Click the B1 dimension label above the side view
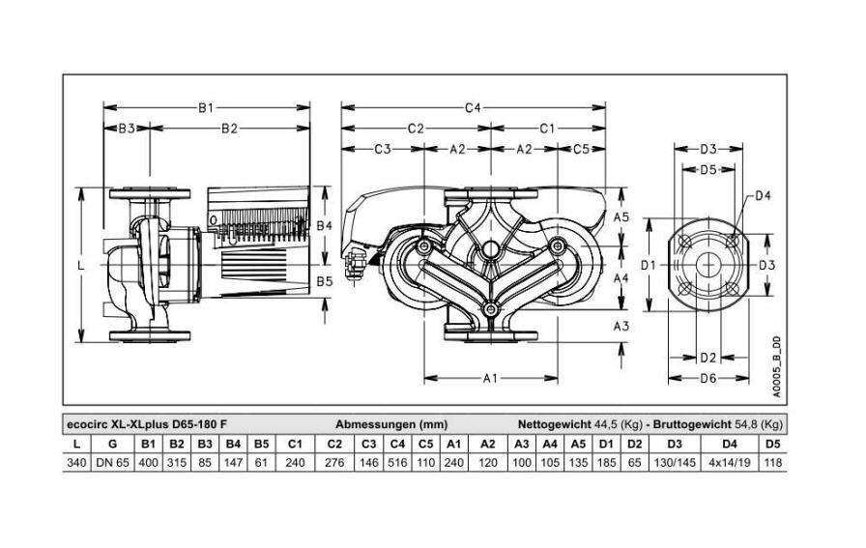(x=206, y=107)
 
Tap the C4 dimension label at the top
(x=473, y=107)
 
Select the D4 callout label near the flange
(x=763, y=195)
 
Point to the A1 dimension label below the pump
(x=490, y=379)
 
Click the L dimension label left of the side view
(x=81, y=266)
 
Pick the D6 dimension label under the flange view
(x=708, y=379)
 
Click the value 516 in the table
(x=397, y=462)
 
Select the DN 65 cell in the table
(x=113, y=462)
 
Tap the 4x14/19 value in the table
(x=729, y=462)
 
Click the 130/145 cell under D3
(x=675, y=462)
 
